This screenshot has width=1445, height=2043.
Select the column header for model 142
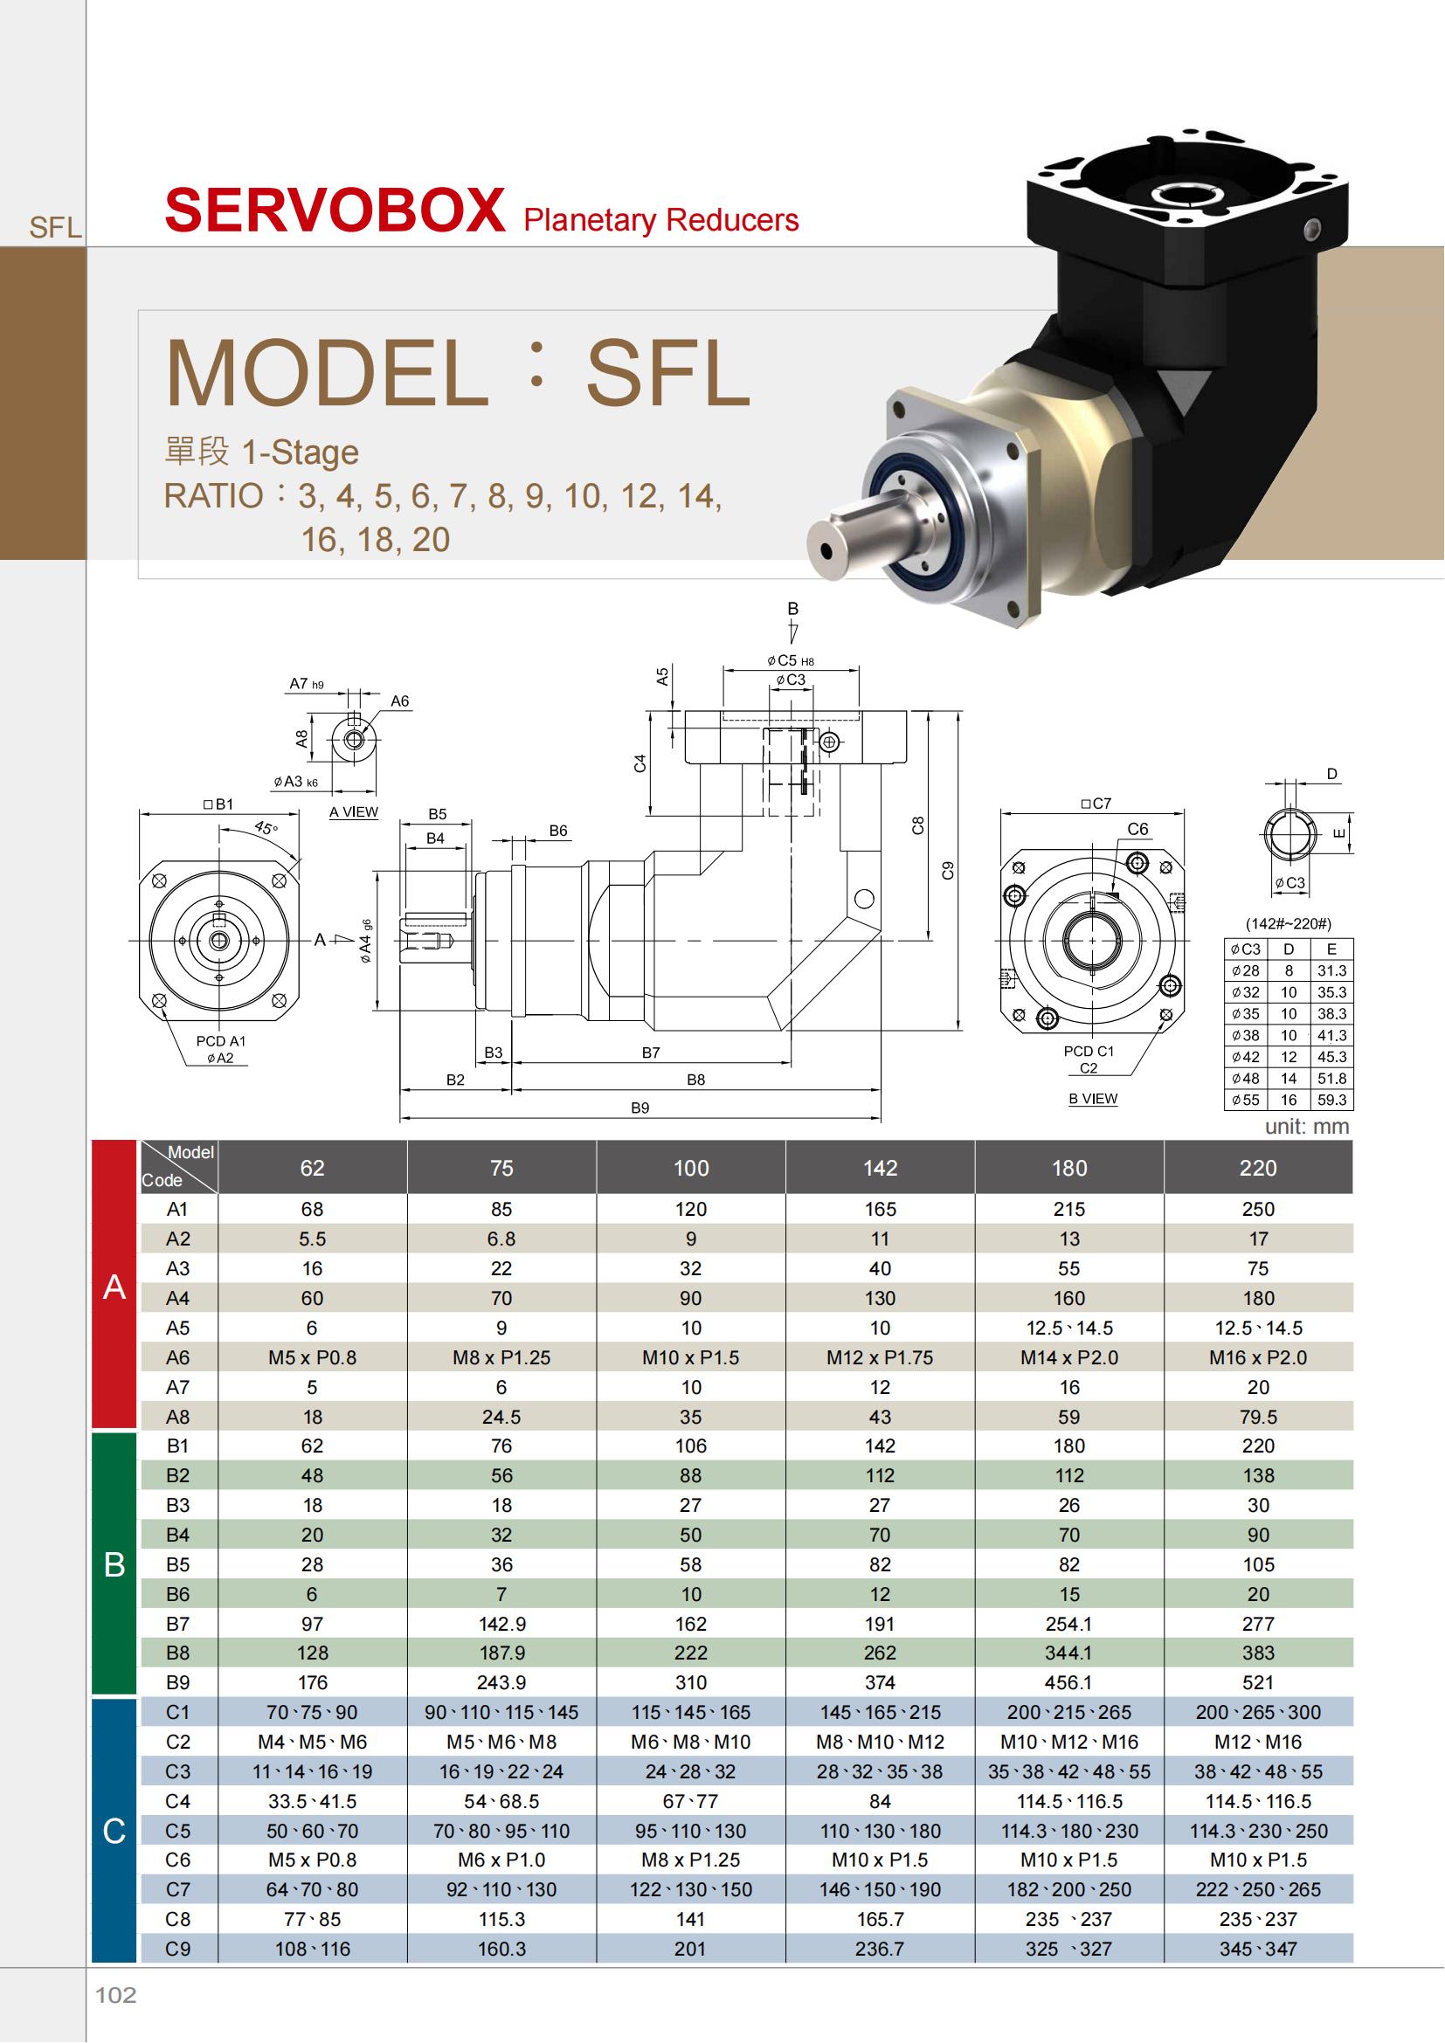point(880,1168)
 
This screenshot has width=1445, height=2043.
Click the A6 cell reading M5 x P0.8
point(312,1357)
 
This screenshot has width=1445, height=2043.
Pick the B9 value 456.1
point(1068,1682)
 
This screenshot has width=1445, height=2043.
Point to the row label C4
point(178,1801)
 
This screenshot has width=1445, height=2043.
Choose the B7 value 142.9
point(501,1624)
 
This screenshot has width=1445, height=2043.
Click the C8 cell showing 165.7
point(880,1919)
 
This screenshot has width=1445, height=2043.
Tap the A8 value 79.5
point(1258,1417)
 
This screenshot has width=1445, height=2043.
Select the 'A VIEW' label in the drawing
point(353,811)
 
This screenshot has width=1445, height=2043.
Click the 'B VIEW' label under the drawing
point(1093,1098)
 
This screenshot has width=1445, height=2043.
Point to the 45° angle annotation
point(266,827)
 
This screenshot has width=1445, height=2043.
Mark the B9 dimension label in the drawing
point(640,1108)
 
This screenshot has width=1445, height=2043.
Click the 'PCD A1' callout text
point(221,1041)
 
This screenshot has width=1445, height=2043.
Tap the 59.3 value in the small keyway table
point(1332,1100)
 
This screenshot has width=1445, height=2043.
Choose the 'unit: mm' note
point(1307,1127)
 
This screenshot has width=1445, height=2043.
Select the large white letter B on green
point(114,1564)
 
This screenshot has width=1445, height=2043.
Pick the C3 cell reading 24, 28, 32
point(690,1771)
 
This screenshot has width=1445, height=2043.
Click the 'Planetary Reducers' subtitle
point(661,220)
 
